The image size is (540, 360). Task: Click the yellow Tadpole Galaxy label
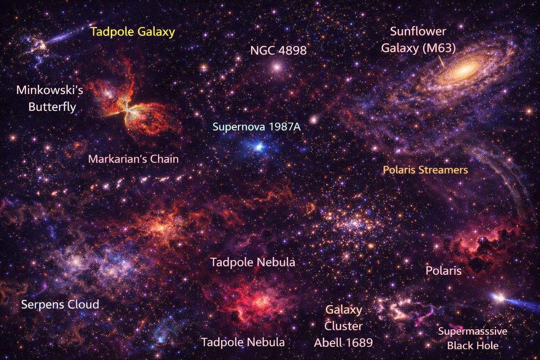click(x=132, y=32)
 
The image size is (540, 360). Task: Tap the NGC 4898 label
click(x=278, y=51)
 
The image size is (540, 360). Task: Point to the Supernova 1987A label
click(x=256, y=127)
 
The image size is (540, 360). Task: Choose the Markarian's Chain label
click(x=133, y=159)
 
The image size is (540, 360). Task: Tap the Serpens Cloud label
click(x=60, y=304)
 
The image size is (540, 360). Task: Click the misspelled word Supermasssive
click(x=472, y=331)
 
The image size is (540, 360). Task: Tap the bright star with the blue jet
click(x=499, y=298)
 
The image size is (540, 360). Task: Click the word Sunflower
click(x=418, y=32)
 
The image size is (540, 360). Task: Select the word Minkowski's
click(x=46, y=90)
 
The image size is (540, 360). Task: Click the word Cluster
click(x=343, y=326)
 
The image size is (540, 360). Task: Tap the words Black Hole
click(x=472, y=346)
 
